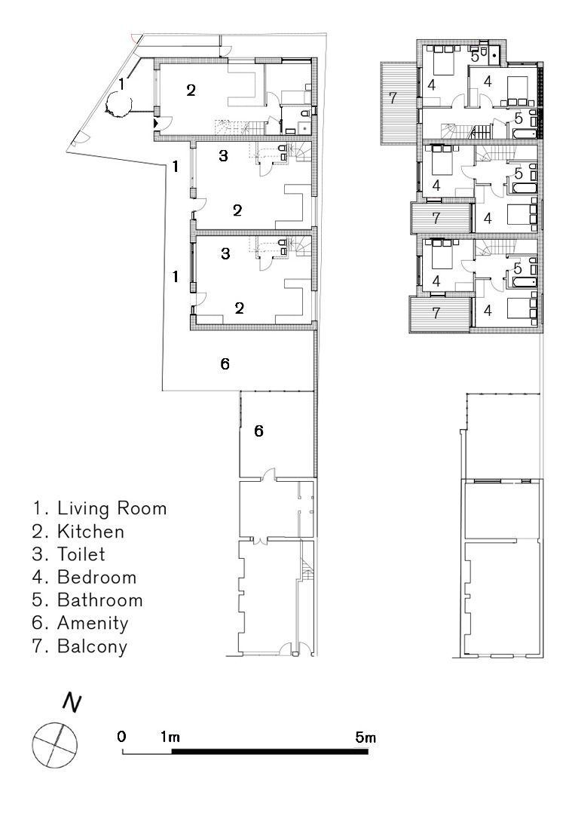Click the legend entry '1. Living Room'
coord(99,508)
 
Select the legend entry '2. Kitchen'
coord(78,531)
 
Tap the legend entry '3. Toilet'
coord(69,554)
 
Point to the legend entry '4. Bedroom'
coord(84,577)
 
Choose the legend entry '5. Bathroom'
coord(87,600)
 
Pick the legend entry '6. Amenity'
coord(80,624)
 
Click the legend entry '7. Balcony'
coord(80,647)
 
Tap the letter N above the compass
coord(72,703)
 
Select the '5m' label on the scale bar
coord(366,738)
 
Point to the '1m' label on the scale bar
coord(170,737)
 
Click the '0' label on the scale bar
coord(122,736)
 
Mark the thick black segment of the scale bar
coord(270,751)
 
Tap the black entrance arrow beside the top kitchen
coord(155,123)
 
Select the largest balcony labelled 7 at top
coord(399,103)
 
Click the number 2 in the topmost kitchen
coord(191,90)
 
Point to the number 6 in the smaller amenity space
coord(258,431)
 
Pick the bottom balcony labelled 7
coord(440,314)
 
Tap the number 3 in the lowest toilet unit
coord(225,254)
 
